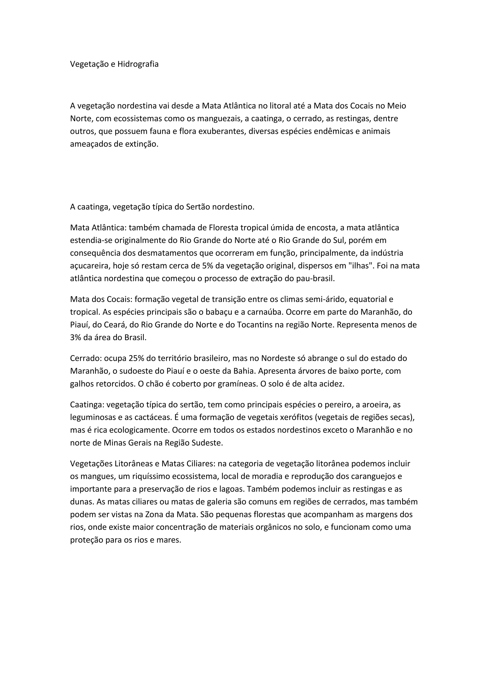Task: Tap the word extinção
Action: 142,144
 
